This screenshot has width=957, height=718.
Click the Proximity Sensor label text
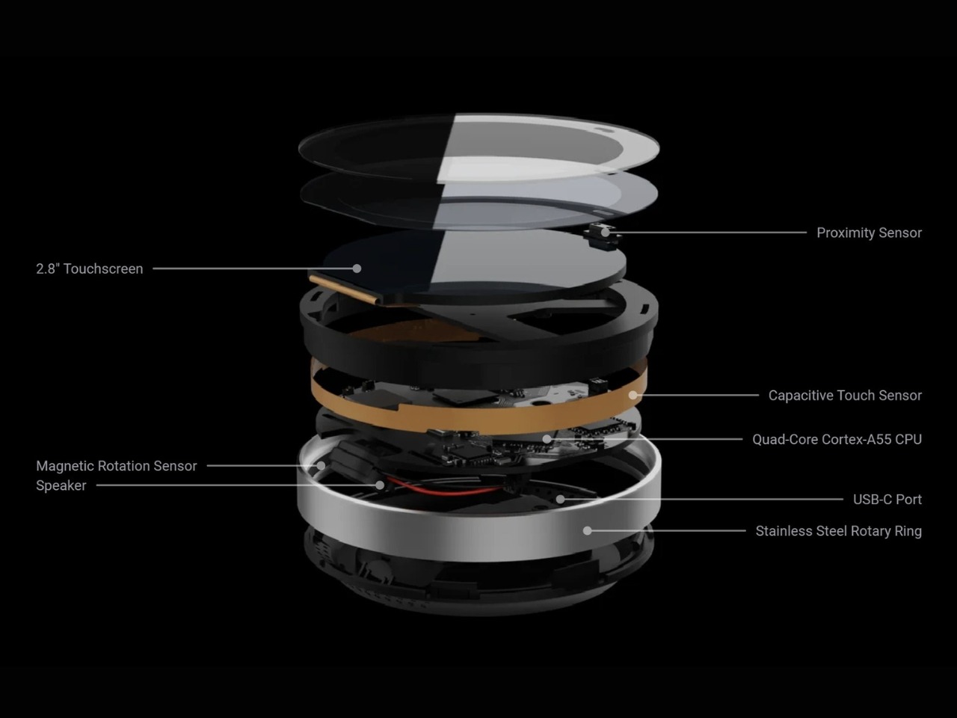click(x=869, y=233)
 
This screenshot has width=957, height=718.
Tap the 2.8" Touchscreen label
click(x=90, y=269)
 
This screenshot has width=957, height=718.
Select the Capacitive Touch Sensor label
click(x=845, y=396)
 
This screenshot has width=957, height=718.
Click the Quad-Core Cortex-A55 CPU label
click(x=837, y=440)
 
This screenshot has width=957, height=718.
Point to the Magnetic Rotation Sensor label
click(x=117, y=466)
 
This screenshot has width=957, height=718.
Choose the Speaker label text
click(x=61, y=485)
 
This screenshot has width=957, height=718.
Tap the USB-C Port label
click(x=887, y=500)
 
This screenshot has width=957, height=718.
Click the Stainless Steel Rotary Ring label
click(x=838, y=532)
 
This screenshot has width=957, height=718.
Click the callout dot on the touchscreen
click(x=357, y=269)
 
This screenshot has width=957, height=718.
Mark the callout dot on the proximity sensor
click(x=605, y=233)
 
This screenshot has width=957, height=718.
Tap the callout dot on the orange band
click(x=633, y=396)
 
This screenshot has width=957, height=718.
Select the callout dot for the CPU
click(x=547, y=440)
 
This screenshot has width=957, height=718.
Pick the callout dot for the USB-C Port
click(x=561, y=500)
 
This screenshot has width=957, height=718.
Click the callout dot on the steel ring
click(x=587, y=531)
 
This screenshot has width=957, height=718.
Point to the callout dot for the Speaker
click(x=381, y=485)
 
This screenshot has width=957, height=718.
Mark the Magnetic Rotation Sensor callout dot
click(x=321, y=466)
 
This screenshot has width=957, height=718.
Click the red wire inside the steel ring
click(x=440, y=491)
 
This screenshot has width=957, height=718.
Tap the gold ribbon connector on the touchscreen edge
click(x=345, y=289)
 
